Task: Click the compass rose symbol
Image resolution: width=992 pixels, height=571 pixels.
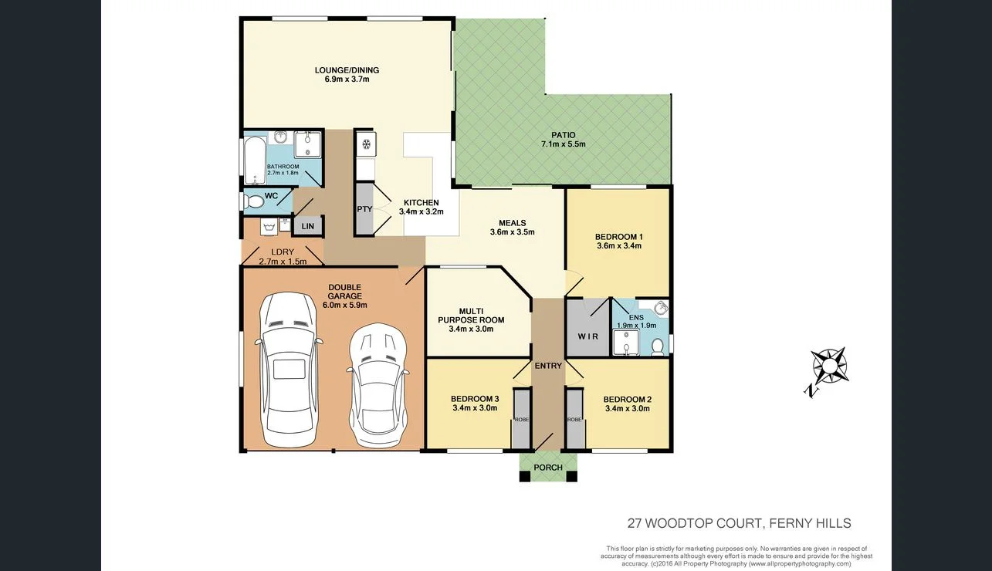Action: (828, 367)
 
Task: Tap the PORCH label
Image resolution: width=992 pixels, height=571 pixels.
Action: (548, 468)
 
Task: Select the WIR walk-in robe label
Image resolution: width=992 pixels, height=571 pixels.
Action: (587, 336)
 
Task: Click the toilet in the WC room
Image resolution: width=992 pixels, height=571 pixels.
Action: (253, 201)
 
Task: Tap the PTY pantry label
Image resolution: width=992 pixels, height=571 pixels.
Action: (364, 209)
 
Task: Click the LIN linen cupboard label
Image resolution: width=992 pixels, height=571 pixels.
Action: (308, 226)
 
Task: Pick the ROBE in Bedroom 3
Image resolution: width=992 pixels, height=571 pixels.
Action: (522, 420)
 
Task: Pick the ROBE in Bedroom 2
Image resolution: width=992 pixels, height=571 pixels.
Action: (574, 420)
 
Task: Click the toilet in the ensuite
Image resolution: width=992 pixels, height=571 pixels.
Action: (658, 346)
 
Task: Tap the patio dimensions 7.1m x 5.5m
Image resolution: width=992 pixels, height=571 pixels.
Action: (563, 144)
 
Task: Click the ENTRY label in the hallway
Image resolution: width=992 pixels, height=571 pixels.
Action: (549, 365)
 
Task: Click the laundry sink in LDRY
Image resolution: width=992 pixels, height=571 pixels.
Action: (269, 227)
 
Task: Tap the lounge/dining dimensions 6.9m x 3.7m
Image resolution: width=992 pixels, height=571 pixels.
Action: (347, 79)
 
